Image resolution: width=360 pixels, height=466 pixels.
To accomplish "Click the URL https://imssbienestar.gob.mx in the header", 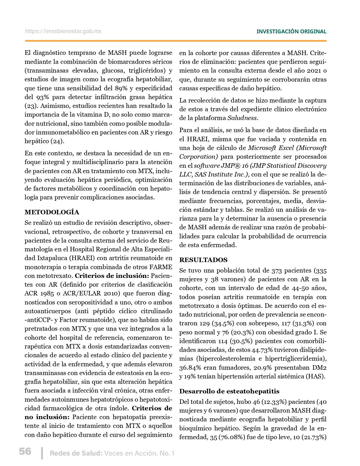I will [x=63, y=31].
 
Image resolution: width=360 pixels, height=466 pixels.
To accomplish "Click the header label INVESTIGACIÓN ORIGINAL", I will [x=291, y=32].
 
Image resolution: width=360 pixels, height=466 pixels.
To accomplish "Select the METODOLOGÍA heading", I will [x=52, y=212].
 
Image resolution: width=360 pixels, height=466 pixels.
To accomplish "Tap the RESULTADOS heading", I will [x=203, y=260].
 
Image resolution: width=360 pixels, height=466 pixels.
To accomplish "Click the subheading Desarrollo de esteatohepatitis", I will [x=229, y=391].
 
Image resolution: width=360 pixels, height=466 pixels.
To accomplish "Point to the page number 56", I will [x=25, y=451].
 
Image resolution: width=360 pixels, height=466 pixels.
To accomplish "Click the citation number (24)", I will [x=57, y=141].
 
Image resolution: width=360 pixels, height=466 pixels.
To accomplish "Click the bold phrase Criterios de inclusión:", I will [x=112, y=276].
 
